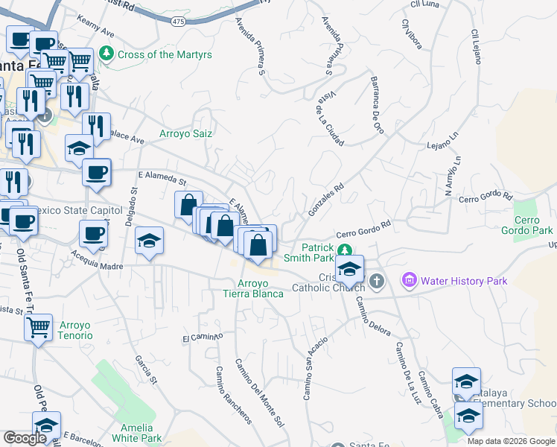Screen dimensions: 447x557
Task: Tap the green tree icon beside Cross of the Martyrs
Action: tap(108, 54)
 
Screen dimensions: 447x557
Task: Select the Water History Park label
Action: tap(464, 281)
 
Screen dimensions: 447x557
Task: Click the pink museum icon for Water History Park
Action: tap(409, 281)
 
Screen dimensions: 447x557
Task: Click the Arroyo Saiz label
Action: tap(186, 134)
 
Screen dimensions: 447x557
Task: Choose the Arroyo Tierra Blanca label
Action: tap(261, 288)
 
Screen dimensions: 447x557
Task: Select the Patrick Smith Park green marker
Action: tap(343, 250)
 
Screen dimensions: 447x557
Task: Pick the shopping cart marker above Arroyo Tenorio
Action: tap(38, 325)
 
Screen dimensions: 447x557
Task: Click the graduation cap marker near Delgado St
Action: tap(149, 241)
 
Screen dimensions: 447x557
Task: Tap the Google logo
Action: tap(24, 438)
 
